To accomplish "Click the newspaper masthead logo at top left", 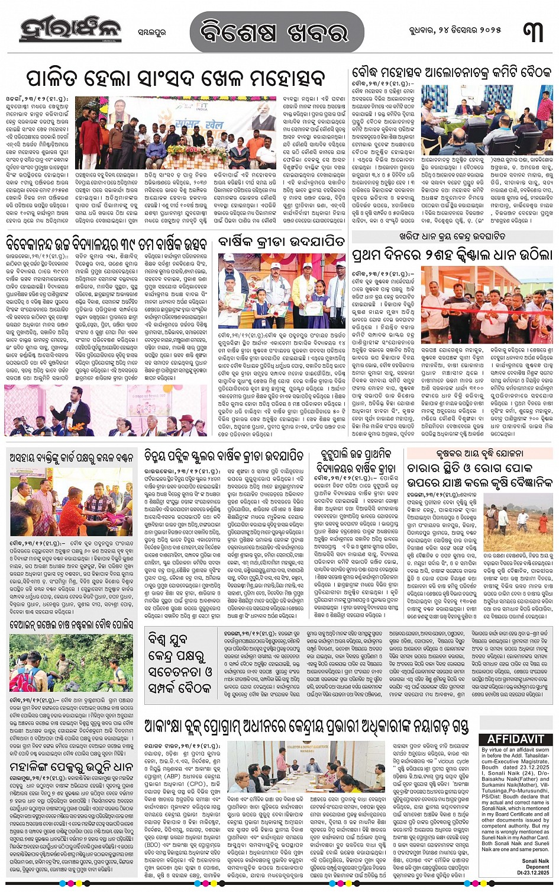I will pos(70,29).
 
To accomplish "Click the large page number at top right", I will pos(532,30).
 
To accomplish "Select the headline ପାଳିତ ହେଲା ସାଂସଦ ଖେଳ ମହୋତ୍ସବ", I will pos(176,78).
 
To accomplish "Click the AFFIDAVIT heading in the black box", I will pos(515,739).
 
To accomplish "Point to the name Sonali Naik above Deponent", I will pos(535,861).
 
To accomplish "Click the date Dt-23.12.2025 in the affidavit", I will pos(533,872).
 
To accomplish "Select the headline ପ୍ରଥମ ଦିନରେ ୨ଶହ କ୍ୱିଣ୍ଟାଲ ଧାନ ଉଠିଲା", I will pos(451,255).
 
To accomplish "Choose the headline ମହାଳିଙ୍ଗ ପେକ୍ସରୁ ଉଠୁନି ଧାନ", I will pos(72,767).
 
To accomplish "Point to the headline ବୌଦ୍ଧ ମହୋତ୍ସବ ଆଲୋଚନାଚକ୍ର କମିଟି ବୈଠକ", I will pos(451,73).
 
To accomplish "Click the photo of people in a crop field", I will pos(518,521).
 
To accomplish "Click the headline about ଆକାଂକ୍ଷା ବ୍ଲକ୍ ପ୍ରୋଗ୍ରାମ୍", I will pos(306,726).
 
